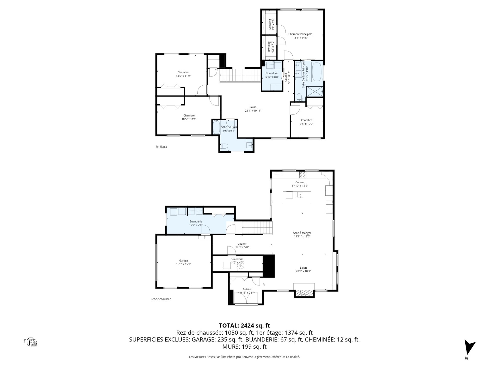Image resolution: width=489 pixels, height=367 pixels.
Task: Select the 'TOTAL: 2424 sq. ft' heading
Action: coord(244,325)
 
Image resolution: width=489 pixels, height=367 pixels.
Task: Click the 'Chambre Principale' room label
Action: coord(300,34)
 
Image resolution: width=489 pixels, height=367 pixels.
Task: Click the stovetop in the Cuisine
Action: coord(303,175)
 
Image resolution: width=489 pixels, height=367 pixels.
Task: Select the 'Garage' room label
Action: coord(184,260)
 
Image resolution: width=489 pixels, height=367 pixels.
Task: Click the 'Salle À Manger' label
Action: coord(302,233)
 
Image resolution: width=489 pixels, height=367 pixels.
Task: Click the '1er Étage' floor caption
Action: coord(161,147)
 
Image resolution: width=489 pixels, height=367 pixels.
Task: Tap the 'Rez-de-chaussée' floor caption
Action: coord(161,299)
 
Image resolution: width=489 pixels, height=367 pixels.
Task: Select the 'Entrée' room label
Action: coord(247,289)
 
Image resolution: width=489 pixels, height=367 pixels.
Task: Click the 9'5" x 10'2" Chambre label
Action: coord(306,122)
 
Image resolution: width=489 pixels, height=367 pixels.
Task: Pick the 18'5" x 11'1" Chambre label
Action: coord(189,117)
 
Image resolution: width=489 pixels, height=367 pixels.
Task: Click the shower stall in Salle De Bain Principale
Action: coord(315,91)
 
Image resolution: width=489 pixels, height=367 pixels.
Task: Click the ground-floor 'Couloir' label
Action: coord(242,244)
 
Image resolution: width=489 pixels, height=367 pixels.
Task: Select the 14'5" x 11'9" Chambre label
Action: coord(183,74)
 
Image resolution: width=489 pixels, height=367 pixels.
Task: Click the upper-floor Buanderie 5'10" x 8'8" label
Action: coord(272,75)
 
